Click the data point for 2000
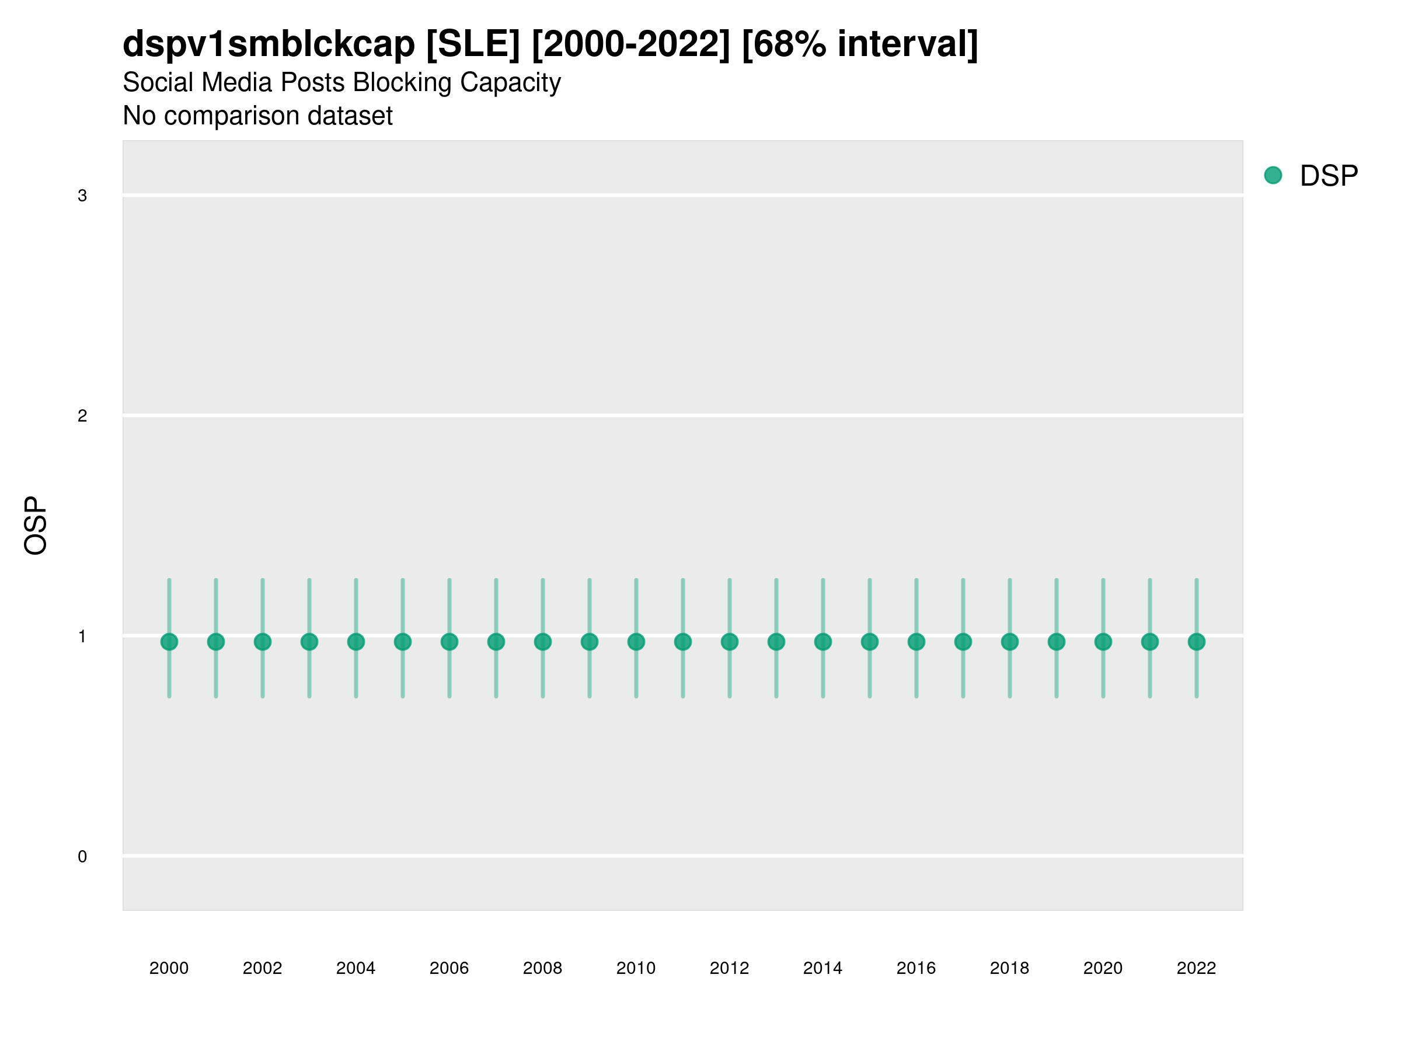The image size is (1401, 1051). click(x=169, y=642)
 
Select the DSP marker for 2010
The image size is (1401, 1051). click(x=636, y=642)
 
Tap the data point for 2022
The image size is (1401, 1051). click(x=1197, y=642)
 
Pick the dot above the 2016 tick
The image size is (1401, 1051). click(x=916, y=642)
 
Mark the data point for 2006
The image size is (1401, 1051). click(x=449, y=642)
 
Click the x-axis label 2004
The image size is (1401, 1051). click(x=356, y=968)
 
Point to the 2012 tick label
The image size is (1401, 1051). click(x=729, y=968)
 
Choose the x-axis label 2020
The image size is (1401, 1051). click(x=1103, y=968)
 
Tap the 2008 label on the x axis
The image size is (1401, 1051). click(x=542, y=968)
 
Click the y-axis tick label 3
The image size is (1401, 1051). click(x=82, y=196)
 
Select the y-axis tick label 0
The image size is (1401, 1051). click(x=82, y=857)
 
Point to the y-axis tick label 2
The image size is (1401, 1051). click(x=82, y=416)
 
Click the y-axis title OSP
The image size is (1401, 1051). click(x=36, y=526)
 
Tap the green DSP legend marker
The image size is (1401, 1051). click(x=1273, y=176)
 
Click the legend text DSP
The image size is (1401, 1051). click(x=1329, y=176)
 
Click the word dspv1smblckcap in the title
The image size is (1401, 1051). click(x=269, y=44)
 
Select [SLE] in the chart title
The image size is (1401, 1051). click(x=473, y=44)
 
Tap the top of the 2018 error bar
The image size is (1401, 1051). click(x=1009, y=580)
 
